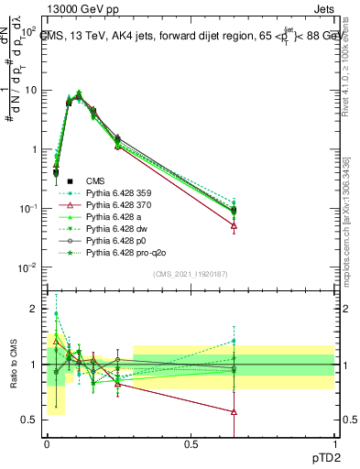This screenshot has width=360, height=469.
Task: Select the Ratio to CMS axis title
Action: tap(12, 365)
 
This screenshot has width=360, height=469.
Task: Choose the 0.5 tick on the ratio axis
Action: tap(30, 420)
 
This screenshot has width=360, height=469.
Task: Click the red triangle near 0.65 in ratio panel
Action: tap(235, 412)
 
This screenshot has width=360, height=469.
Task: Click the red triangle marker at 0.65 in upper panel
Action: tap(235, 225)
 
